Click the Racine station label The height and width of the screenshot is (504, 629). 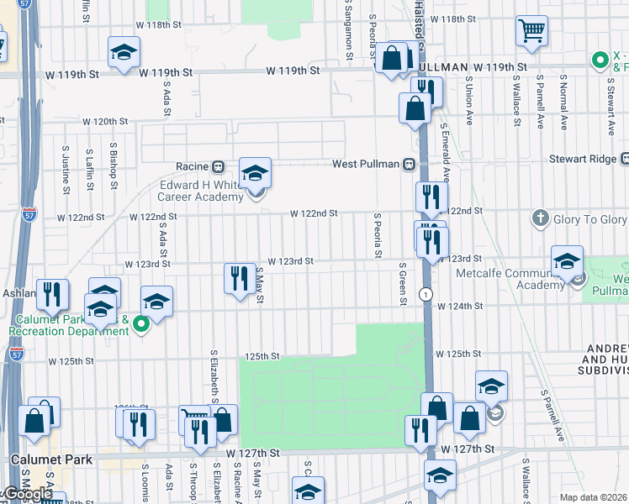(x=191, y=166)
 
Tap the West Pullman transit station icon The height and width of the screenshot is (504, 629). (x=410, y=164)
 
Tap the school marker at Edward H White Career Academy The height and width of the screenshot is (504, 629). (x=255, y=174)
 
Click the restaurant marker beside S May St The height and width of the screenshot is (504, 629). (x=240, y=277)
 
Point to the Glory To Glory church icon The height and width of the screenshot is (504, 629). (x=541, y=219)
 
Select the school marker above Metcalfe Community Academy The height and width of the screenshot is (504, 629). (x=568, y=261)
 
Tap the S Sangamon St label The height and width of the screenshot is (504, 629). (x=348, y=30)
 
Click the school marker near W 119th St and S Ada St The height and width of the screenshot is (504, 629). (x=124, y=54)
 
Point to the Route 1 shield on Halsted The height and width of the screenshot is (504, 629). (x=427, y=294)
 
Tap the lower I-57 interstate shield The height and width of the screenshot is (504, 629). (x=17, y=354)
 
